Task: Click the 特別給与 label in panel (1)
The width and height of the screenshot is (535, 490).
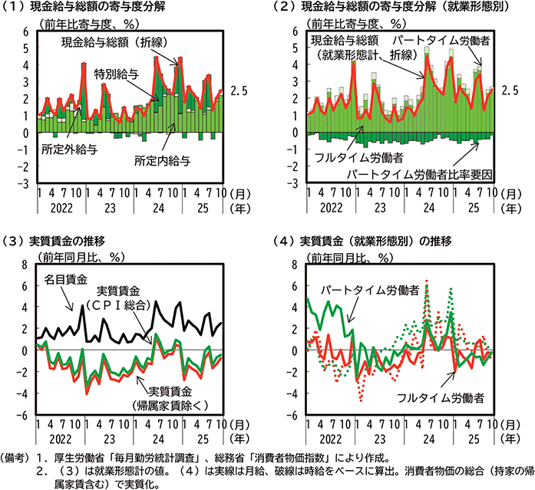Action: click(x=117, y=75)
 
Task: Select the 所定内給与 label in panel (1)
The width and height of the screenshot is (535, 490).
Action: click(x=162, y=162)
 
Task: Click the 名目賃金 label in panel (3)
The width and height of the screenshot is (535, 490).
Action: click(x=64, y=278)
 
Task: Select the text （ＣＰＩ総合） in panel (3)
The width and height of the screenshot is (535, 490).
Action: click(x=127, y=305)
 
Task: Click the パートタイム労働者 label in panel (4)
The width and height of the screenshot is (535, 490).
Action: click(x=369, y=291)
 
